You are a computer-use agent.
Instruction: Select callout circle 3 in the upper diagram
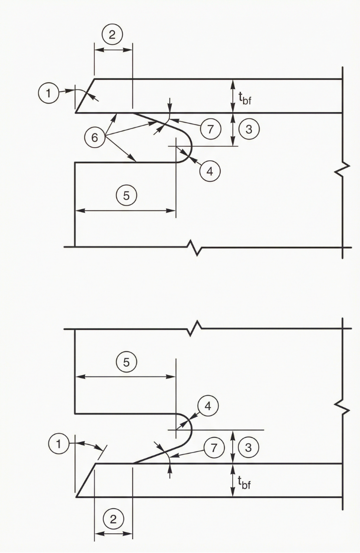[x=249, y=129]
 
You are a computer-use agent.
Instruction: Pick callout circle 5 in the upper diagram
[x=126, y=195]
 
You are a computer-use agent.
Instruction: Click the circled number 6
[x=95, y=138]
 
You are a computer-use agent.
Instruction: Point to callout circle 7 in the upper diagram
[x=210, y=128]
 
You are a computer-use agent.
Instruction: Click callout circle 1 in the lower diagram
[x=59, y=444]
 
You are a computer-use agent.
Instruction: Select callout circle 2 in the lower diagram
[x=113, y=519]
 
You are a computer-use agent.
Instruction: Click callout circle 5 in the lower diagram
[x=126, y=362]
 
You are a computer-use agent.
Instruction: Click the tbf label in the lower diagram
[x=245, y=481]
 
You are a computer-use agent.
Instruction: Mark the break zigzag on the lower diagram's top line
[x=195, y=329]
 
